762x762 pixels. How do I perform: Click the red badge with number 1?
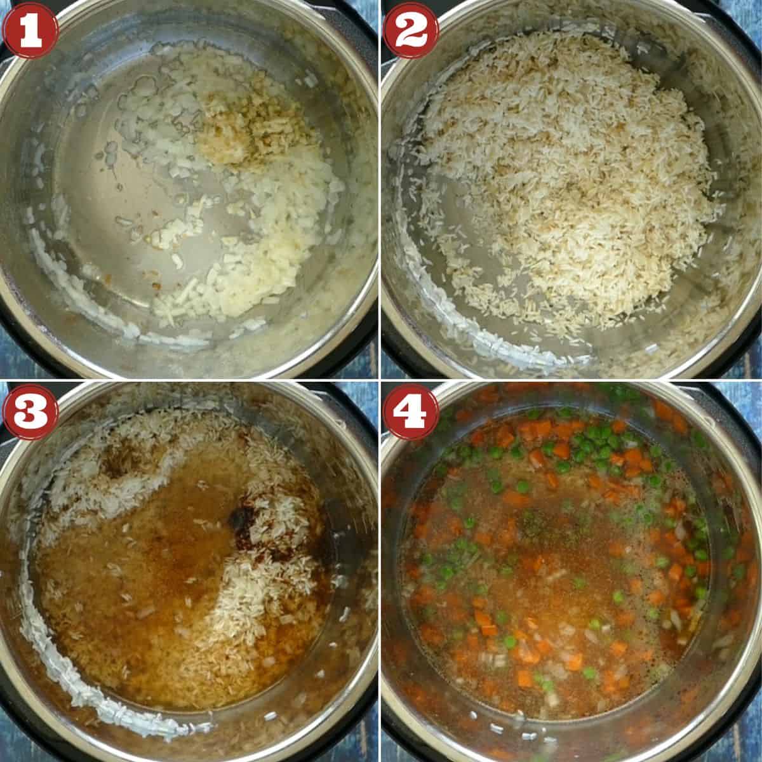[x=30, y=30]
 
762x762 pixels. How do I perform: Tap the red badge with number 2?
[x=411, y=30]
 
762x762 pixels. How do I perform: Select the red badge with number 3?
[x=30, y=411]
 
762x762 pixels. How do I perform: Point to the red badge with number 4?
[x=411, y=411]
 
